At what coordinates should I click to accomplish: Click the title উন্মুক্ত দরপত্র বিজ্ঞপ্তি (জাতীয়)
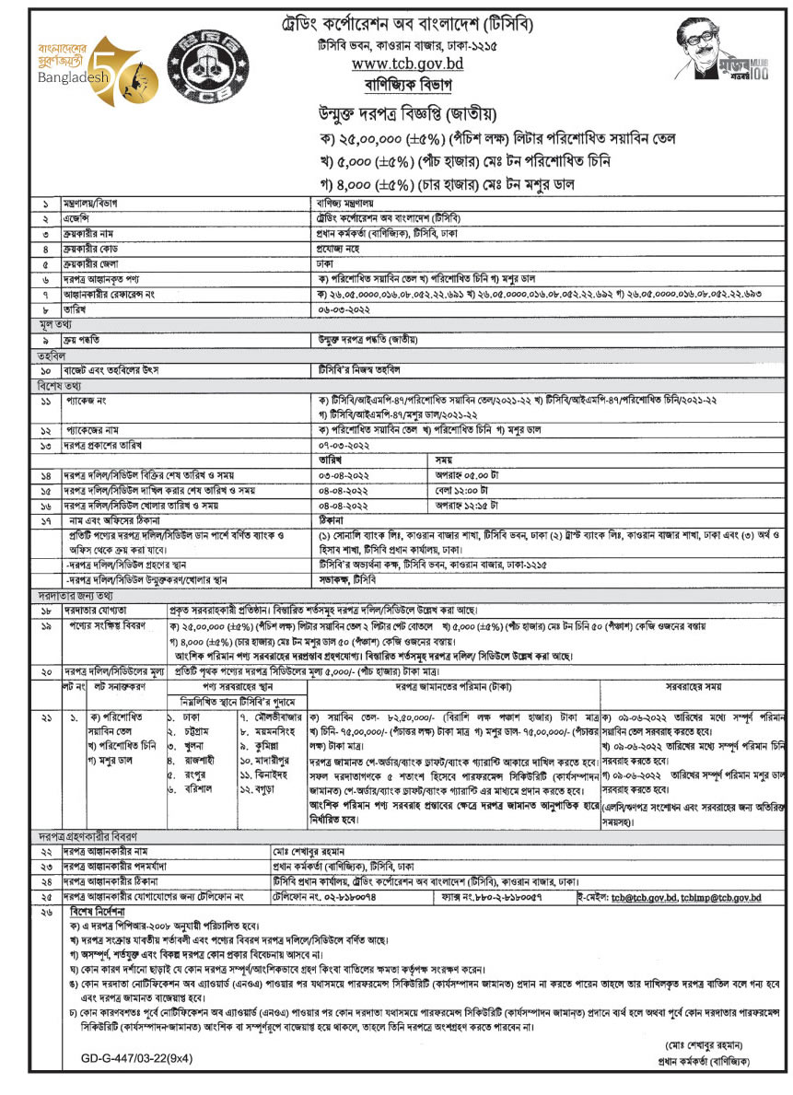tap(405, 115)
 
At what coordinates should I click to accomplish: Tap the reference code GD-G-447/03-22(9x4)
tap(123, 1060)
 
